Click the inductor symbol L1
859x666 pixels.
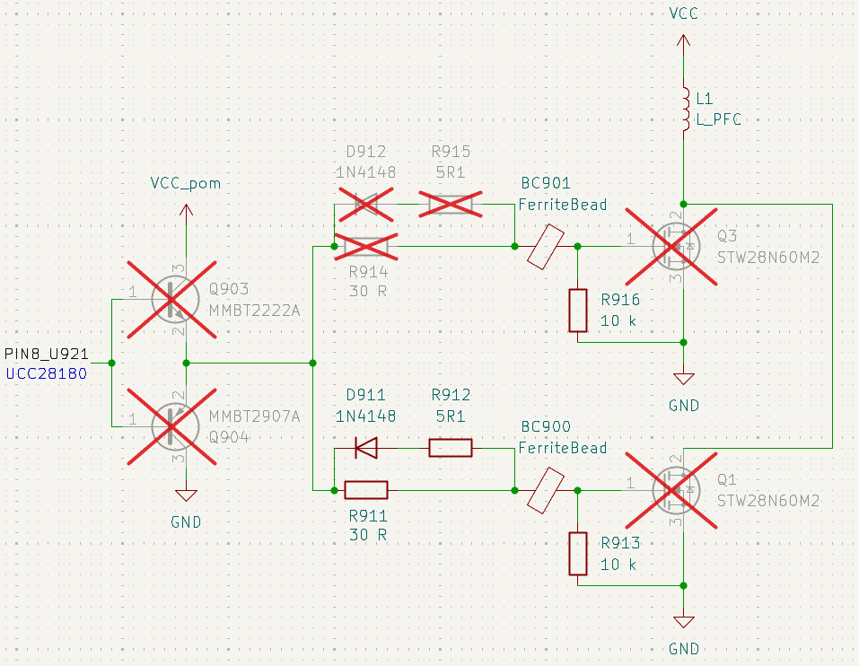(683, 107)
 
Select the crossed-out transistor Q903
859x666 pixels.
(171, 299)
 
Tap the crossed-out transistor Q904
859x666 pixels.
(171, 425)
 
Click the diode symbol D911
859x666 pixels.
(365, 447)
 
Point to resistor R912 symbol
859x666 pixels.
(450, 447)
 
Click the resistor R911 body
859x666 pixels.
(365, 490)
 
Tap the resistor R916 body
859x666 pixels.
(577, 310)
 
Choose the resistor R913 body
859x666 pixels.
(577, 554)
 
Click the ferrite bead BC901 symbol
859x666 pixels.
(546, 245)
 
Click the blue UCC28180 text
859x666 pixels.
(47, 373)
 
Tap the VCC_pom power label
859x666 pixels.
(186, 184)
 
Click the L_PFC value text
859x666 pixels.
(719, 118)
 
